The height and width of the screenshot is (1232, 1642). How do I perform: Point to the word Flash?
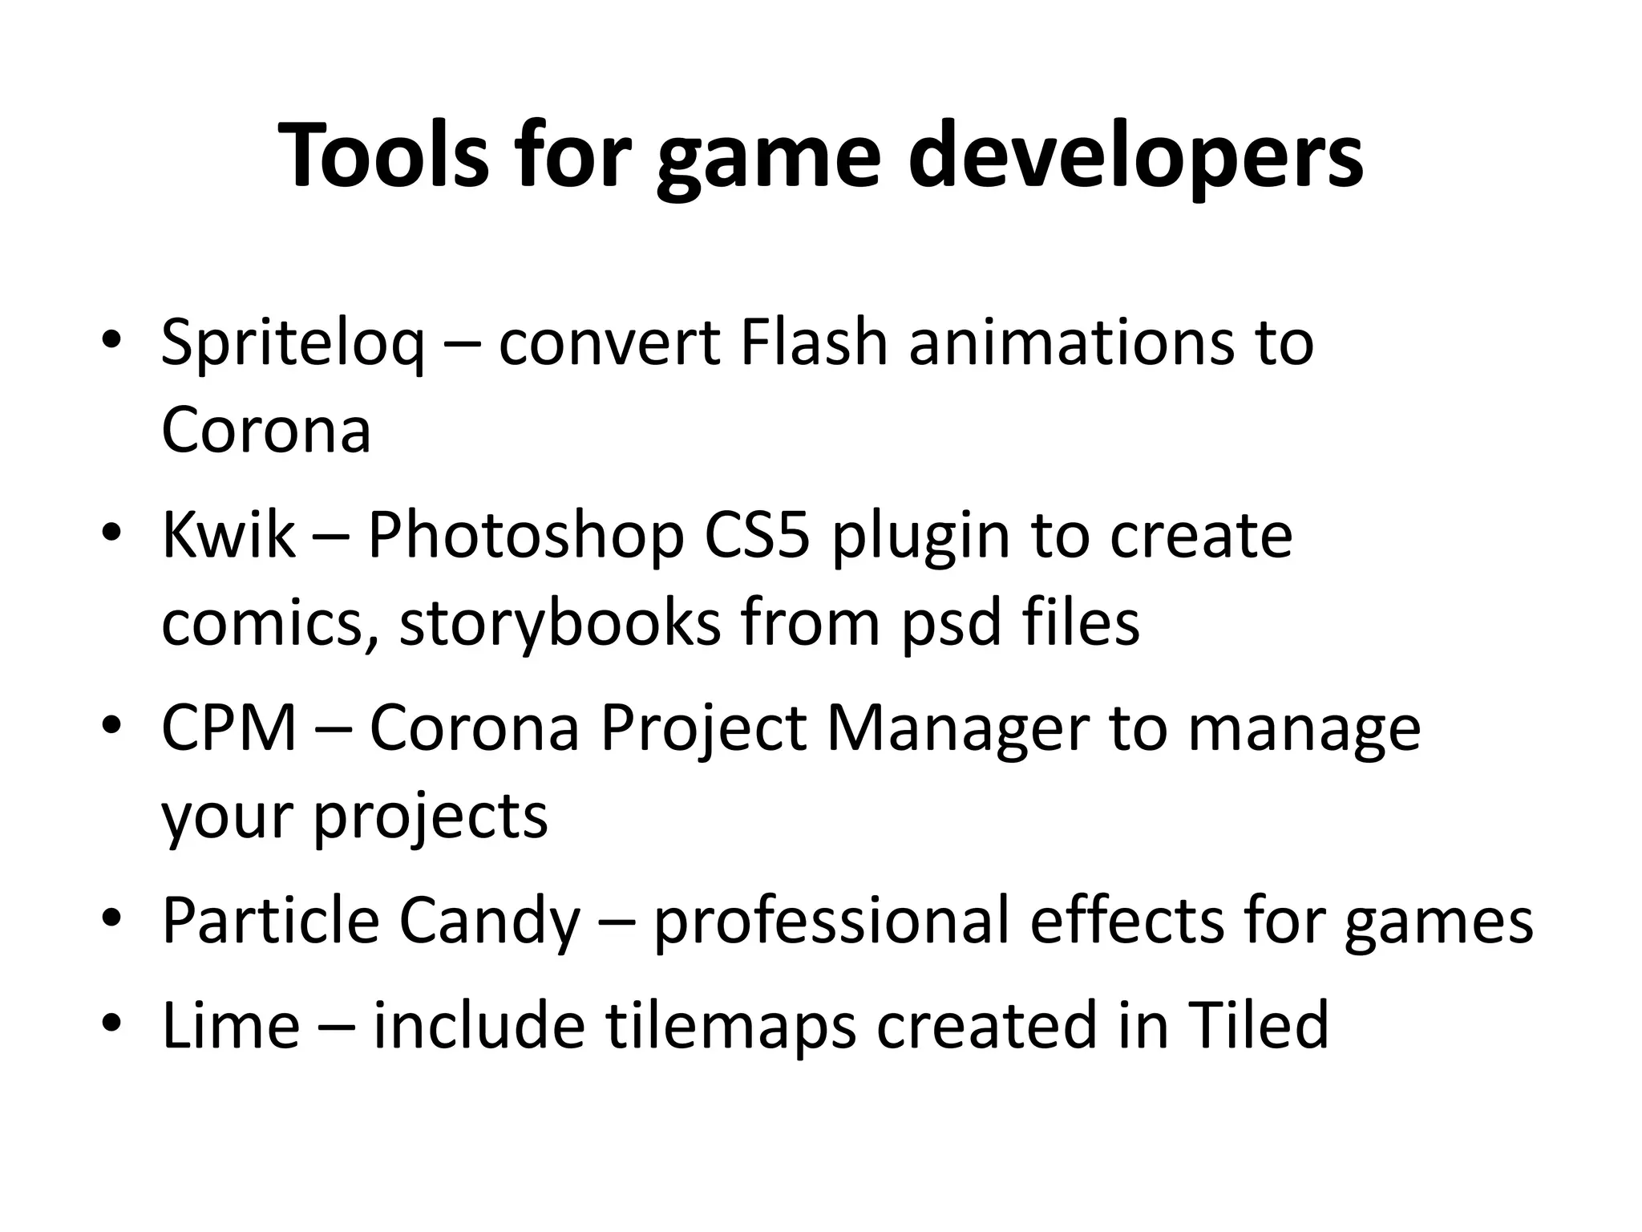point(813,343)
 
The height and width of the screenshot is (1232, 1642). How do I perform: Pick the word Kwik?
point(229,536)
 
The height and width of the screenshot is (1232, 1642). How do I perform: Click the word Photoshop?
point(526,536)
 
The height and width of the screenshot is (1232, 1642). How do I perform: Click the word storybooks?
point(561,623)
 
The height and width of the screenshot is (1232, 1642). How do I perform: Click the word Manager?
point(957,730)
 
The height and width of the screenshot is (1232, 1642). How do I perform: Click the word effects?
point(1127,921)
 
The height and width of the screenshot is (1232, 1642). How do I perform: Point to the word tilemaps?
point(730,1027)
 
